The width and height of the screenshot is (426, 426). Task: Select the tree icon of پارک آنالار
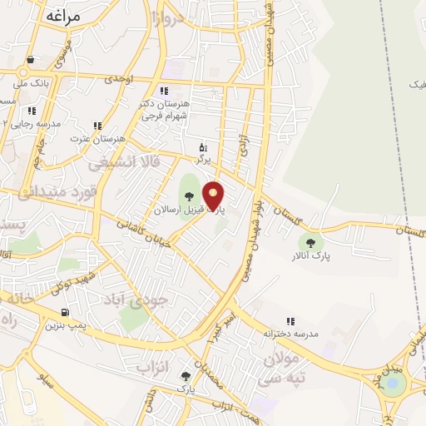pos(311,243)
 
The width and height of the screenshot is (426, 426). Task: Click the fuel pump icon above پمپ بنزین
pos(64,314)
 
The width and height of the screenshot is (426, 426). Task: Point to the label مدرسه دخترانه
pos(291,334)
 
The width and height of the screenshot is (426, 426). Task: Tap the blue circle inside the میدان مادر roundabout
pos(394,384)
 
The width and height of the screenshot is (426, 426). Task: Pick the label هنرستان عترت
pos(97,138)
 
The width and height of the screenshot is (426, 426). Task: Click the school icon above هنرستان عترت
pos(97,126)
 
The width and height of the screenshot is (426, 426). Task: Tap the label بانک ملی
pos(32,85)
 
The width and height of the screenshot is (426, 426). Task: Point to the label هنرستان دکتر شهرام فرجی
pos(166,109)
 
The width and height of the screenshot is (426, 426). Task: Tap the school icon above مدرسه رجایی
pos(32,110)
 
